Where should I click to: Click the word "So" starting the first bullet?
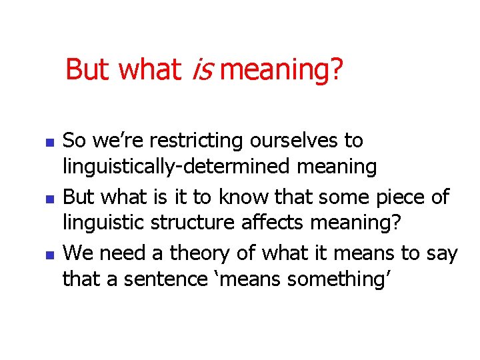tap(74, 141)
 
